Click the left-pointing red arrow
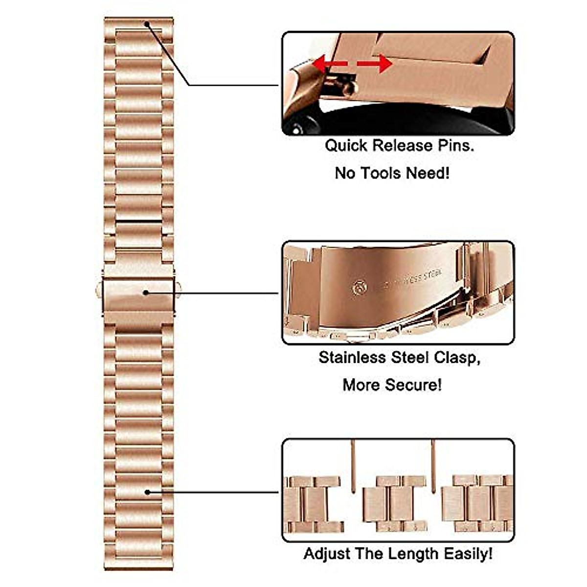[x=329, y=63]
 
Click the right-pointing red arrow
[x=376, y=64]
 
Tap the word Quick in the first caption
[x=345, y=146]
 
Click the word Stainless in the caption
[x=352, y=358]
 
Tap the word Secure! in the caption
[x=417, y=384]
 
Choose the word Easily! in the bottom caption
[x=468, y=554]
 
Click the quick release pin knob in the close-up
[x=349, y=88]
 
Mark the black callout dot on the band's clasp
[x=146, y=293]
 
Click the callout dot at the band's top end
[x=147, y=23]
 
